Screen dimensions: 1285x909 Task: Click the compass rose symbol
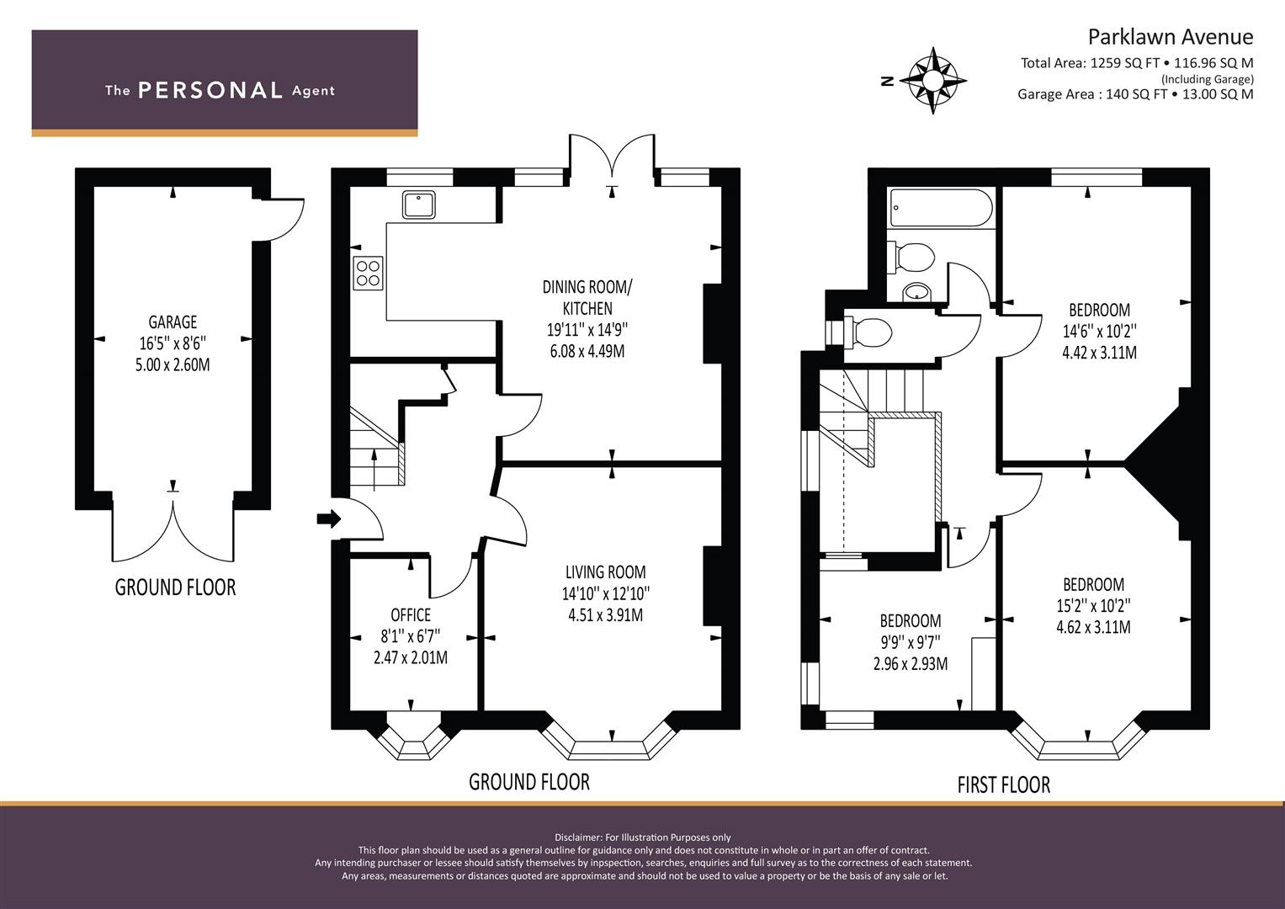click(x=932, y=80)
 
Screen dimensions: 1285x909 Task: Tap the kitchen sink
click(x=419, y=205)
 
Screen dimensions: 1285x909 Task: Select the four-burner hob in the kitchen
click(x=368, y=274)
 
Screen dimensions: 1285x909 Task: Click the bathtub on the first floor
click(x=940, y=208)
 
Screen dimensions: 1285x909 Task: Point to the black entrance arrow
click(x=329, y=519)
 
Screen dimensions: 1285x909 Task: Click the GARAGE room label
click(x=173, y=322)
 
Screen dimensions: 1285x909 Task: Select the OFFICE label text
click(x=411, y=615)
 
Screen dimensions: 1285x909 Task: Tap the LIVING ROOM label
click(x=606, y=572)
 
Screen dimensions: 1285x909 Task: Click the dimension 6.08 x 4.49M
click(x=587, y=351)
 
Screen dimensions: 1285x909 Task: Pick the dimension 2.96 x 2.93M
click(x=911, y=664)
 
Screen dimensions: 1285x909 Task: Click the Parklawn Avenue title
click(x=1171, y=37)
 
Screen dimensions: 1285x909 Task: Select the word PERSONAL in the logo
click(x=210, y=90)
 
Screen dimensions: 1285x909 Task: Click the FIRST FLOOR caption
click(x=1004, y=784)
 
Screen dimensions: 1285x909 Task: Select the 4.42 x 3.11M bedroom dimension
click(x=1099, y=353)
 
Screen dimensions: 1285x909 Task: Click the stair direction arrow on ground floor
click(x=374, y=470)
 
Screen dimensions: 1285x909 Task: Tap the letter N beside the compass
click(x=888, y=81)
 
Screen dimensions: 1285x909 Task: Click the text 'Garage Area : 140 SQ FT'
click(x=1093, y=94)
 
